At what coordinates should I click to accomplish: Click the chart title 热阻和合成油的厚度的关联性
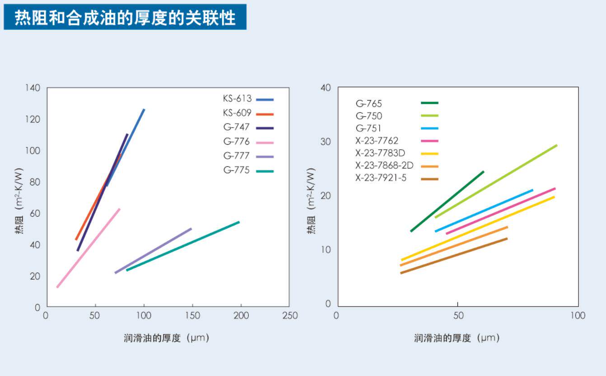click(125, 18)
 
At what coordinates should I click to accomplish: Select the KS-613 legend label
click(237, 99)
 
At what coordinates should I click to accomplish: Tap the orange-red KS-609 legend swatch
click(265, 114)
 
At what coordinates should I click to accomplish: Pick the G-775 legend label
click(237, 170)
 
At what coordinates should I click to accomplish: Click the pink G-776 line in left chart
click(88, 248)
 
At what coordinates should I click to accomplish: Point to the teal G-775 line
click(183, 246)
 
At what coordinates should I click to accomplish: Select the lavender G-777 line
click(153, 251)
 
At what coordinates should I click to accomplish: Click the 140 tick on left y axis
click(33, 88)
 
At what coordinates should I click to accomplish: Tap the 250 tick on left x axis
click(290, 316)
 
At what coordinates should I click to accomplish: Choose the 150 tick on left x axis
click(193, 316)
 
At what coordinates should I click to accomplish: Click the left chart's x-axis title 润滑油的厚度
click(152, 338)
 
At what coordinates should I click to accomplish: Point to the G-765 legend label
click(369, 103)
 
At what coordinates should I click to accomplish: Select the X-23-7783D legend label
click(380, 153)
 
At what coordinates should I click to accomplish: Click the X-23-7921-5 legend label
click(381, 178)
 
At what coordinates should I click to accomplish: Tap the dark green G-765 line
click(447, 201)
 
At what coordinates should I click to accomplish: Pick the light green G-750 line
click(496, 181)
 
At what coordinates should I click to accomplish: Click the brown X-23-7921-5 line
click(454, 256)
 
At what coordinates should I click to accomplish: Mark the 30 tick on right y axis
click(326, 142)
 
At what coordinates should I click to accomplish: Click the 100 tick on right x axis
click(578, 316)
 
